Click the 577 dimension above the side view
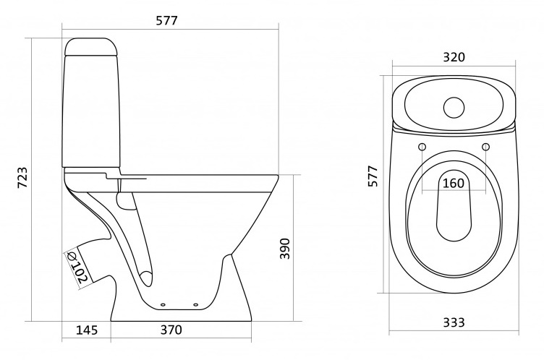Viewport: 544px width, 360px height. tap(166, 21)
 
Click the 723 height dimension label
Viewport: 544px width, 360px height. tap(22, 178)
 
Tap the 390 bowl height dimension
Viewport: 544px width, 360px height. tap(285, 249)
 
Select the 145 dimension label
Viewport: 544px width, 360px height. tap(87, 330)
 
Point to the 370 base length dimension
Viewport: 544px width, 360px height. tap(171, 330)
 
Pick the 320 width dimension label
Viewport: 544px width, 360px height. tap(454, 57)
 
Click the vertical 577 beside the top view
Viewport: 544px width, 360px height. tap(373, 176)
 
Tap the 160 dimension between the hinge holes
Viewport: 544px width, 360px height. tap(454, 183)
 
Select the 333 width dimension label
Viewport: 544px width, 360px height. tap(454, 322)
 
